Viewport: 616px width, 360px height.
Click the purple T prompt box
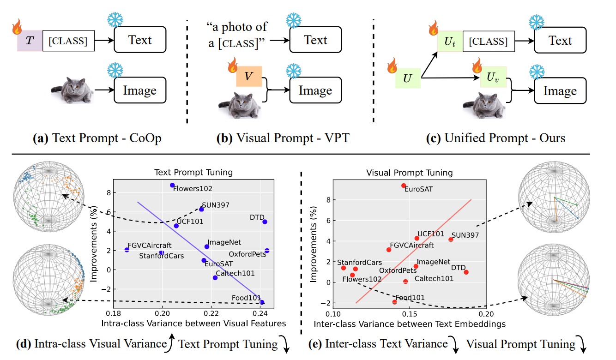pyautogui.click(x=30, y=41)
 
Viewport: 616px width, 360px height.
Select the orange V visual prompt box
pyautogui.click(x=249, y=76)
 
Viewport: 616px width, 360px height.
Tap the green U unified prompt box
pyautogui.click(x=408, y=78)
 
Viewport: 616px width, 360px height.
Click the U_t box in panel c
pyautogui.click(x=450, y=42)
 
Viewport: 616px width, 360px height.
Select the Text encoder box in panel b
pyautogui.click(x=315, y=40)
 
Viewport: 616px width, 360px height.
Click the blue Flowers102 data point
pyautogui.click(x=172, y=185)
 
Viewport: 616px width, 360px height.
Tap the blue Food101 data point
pyautogui.click(x=262, y=302)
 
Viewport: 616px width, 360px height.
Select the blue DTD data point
pyautogui.click(x=265, y=222)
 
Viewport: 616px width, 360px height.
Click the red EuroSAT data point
pyautogui.click(x=404, y=186)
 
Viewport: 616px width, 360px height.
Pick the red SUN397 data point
pyautogui.click(x=451, y=240)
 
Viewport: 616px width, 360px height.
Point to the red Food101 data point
pyautogui.click(x=394, y=302)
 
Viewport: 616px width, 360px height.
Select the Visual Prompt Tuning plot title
pyautogui.click(x=409, y=173)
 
